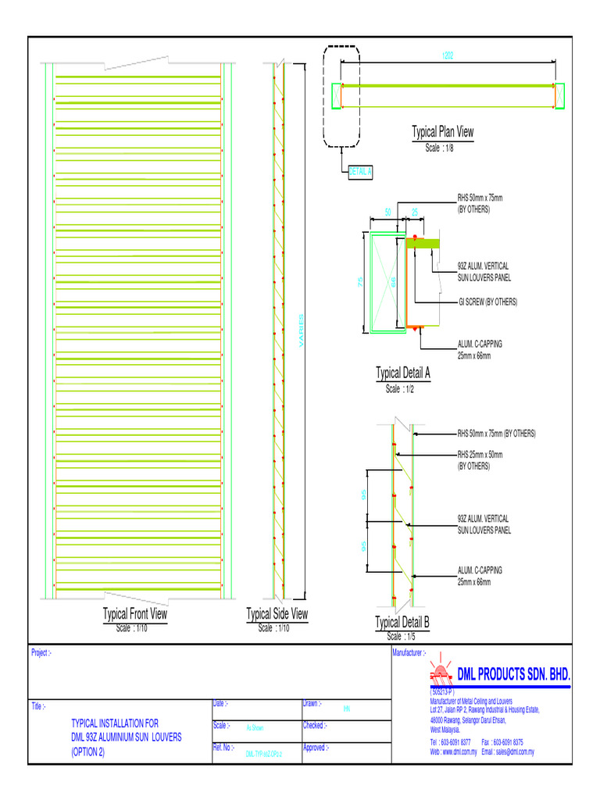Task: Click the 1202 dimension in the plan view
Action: [x=448, y=56]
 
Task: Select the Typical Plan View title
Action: [x=443, y=132]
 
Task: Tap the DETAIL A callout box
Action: [x=360, y=172]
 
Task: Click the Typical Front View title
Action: [x=135, y=614]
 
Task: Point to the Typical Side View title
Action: [x=277, y=614]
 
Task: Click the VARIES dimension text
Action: [x=302, y=331]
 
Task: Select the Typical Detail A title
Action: [x=403, y=373]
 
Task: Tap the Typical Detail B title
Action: [x=402, y=623]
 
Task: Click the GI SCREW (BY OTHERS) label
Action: [x=487, y=302]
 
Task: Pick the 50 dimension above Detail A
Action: [x=388, y=212]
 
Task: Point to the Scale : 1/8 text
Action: [x=439, y=148]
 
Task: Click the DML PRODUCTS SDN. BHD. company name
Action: [x=514, y=674]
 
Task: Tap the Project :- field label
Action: [x=41, y=653]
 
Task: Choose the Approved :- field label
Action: [x=315, y=748]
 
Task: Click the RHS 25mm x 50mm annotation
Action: [x=480, y=454]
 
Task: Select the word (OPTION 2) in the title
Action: [x=87, y=752]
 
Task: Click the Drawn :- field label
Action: [x=312, y=704]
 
